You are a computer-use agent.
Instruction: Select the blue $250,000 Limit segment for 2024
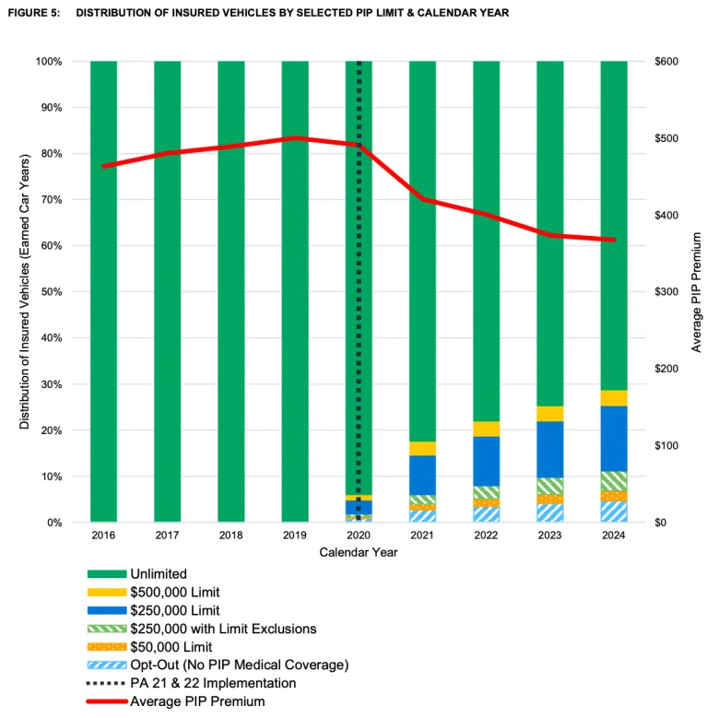[614, 439]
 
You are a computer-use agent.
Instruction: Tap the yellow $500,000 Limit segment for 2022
[486, 429]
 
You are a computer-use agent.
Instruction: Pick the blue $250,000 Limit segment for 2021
[422, 476]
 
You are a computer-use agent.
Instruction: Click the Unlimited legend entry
[159, 572]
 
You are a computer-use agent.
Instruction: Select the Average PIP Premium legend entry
[197, 701]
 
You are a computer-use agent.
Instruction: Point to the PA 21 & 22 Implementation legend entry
[213, 683]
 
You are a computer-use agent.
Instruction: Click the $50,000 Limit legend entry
[171, 646]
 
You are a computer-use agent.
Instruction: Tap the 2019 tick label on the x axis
[294, 536]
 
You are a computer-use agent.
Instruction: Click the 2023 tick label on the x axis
[549, 536]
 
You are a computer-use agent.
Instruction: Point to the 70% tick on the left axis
[49, 200]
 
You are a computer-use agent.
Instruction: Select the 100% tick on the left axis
[47, 62]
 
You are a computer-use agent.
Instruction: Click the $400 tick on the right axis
[665, 215]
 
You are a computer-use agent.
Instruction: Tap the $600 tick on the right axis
[665, 62]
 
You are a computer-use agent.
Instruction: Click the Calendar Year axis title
[359, 552]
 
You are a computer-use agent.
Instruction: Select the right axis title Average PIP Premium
[697, 292]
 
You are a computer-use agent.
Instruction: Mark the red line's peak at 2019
[294, 138]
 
